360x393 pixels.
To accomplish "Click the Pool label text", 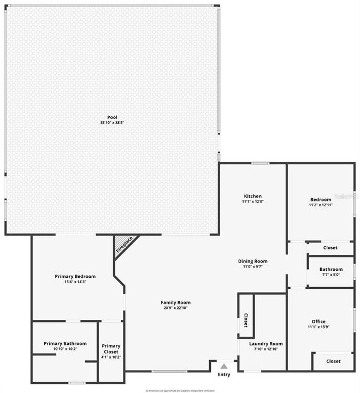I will tap(112, 117).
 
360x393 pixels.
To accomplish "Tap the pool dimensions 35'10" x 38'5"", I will tap(112, 123).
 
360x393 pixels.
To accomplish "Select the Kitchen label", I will tap(253, 196).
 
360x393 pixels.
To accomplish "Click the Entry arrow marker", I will tap(224, 366).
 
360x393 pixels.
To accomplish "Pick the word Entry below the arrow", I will tap(224, 374).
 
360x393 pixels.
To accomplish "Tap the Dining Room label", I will tap(252, 261).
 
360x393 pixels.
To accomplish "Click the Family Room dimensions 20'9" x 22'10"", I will tap(175, 308).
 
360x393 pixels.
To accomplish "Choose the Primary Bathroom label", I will tap(65, 343).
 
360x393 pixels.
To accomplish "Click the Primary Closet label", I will tap(111, 349).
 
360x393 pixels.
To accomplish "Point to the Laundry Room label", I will tap(266, 343).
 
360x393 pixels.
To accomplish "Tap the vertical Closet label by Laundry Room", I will tap(246, 320).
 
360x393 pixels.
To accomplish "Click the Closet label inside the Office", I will tap(333, 361).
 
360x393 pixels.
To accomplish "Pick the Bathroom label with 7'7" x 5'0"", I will tap(331, 269).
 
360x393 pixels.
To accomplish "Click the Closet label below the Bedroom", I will tap(331, 248).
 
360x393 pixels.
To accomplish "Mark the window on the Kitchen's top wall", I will tap(260, 163).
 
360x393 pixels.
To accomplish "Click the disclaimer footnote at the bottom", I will tap(180, 391).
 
